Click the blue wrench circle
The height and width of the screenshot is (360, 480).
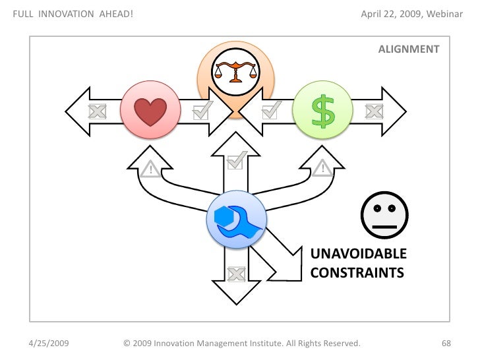(236, 219)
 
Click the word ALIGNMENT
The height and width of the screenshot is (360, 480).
(409, 49)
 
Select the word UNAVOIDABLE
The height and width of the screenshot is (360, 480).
(358, 255)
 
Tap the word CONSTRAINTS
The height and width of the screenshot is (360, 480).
(357, 272)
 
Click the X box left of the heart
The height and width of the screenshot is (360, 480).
(97, 111)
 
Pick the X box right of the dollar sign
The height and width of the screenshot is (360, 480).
(374, 111)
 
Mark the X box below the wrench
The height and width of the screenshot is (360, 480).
(235, 273)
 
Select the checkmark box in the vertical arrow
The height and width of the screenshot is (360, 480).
(236, 159)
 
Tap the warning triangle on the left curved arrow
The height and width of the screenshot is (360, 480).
(150, 170)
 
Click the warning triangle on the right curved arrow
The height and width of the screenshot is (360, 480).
(322, 170)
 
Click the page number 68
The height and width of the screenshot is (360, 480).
(446, 344)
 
